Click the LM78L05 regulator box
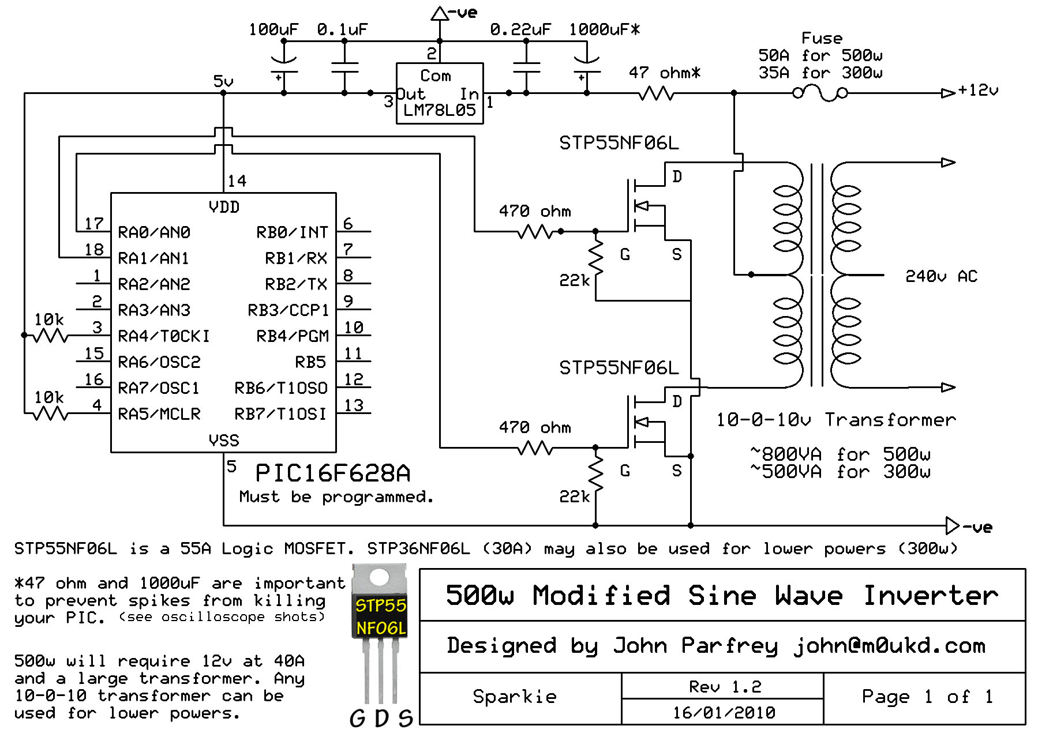[439, 93]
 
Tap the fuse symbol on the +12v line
[820, 92]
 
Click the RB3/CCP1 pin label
[288, 310]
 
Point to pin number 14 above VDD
[237, 181]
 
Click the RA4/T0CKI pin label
[163, 336]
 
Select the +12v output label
[977, 91]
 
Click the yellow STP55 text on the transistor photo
[380, 606]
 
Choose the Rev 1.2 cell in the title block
[725, 686]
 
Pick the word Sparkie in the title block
[515, 697]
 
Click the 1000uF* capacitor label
[604, 29]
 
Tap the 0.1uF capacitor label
[342, 29]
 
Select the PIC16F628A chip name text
[333, 473]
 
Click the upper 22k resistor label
[574, 280]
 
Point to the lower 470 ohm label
[534, 428]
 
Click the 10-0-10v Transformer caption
[835, 420]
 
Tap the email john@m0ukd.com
[889, 646]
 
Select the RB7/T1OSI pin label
[280, 414]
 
